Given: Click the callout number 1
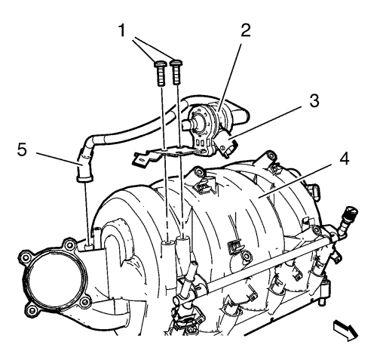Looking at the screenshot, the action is [x=122, y=30].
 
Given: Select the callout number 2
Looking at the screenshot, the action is [x=245, y=30].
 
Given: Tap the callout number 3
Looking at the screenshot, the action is [x=314, y=100].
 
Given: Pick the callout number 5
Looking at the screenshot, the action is [x=22, y=149].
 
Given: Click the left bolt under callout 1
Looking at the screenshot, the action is [x=160, y=74].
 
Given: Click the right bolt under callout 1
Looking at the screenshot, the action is [x=176, y=72].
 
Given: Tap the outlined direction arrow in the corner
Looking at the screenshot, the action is [x=345, y=330].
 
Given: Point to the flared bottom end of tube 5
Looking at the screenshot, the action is [x=84, y=179].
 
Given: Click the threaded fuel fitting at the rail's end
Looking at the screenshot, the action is [x=348, y=216].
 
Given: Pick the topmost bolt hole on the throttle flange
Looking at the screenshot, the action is [x=68, y=244].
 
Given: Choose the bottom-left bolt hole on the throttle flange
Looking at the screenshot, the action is [x=32, y=310].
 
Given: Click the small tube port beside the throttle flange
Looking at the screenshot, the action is [x=89, y=245].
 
